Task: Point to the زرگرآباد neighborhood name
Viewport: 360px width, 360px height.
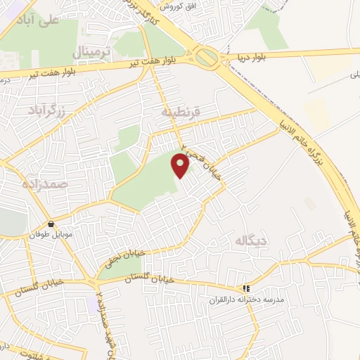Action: (46, 110)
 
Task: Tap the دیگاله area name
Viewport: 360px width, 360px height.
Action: (252, 242)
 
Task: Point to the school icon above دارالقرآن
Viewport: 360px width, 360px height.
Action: (246, 288)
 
